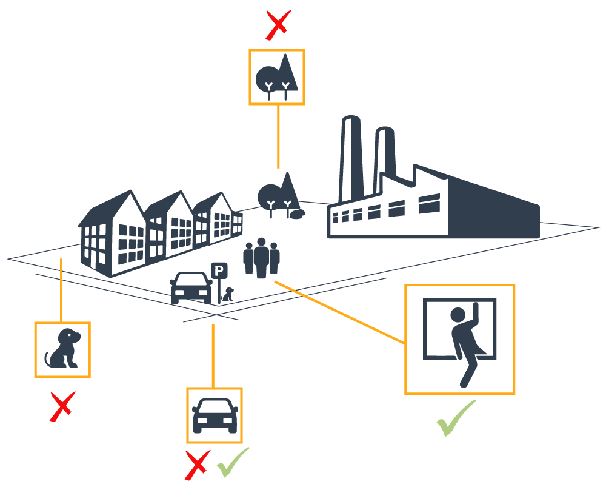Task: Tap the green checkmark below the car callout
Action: tap(232, 462)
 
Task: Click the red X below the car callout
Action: tap(197, 465)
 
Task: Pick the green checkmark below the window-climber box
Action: tap(455, 418)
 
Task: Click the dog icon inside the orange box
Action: tap(62, 349)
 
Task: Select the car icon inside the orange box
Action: tap(215, 415)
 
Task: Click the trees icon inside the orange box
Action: tap(277, 77)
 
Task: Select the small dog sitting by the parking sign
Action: tap(228, 295)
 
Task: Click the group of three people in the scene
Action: tap(261, 257)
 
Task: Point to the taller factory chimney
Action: tap(350, 158)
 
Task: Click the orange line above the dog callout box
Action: tap(61, 290)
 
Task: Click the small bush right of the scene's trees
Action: tap(297, 213)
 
